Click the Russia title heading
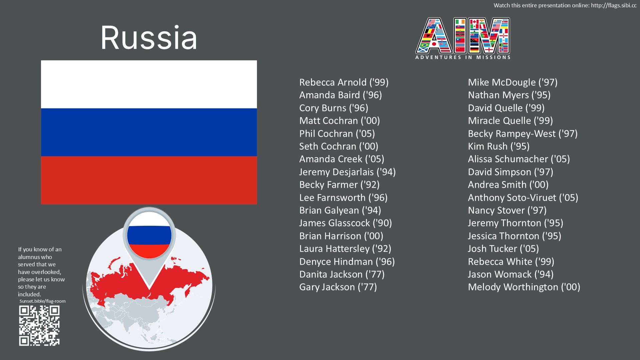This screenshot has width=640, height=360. point(149,38)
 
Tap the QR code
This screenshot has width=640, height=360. point(39,326)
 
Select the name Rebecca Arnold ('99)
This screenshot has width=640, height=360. point(344,82)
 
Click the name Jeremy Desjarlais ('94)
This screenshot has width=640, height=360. point(347,172)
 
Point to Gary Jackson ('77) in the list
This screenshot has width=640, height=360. point(338,287)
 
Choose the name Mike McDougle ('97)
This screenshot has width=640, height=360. point(513,82)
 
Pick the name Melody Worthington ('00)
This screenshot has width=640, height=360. point(524,287)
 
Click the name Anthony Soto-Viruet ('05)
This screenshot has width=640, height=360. point(523,198)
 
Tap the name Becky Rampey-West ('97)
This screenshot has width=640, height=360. point(523,134)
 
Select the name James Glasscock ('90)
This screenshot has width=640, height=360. point(346,223)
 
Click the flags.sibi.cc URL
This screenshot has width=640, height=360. point(614,5)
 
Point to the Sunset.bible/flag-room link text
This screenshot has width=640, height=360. point(43,301)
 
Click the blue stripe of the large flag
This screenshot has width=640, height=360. point(149,132)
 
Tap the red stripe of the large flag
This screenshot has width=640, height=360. point(149,180)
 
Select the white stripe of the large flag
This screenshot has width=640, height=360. point(149,84)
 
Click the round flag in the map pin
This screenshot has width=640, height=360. point(149,235)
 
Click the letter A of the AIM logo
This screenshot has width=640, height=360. point(434,36)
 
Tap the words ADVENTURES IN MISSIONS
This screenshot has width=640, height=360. point(463,57)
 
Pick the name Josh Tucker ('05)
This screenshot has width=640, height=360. point(503,249)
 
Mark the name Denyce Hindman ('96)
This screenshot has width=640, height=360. point(347,262)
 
